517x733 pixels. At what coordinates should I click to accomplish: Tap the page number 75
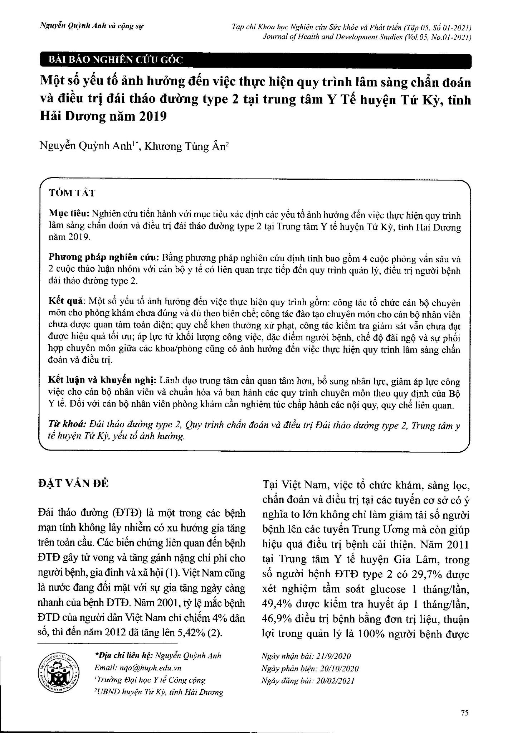[x=464, y=713]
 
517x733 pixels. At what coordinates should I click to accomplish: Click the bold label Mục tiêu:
[x=69, y=214]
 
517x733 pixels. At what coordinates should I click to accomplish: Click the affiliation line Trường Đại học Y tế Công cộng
[x=151, y=680]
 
